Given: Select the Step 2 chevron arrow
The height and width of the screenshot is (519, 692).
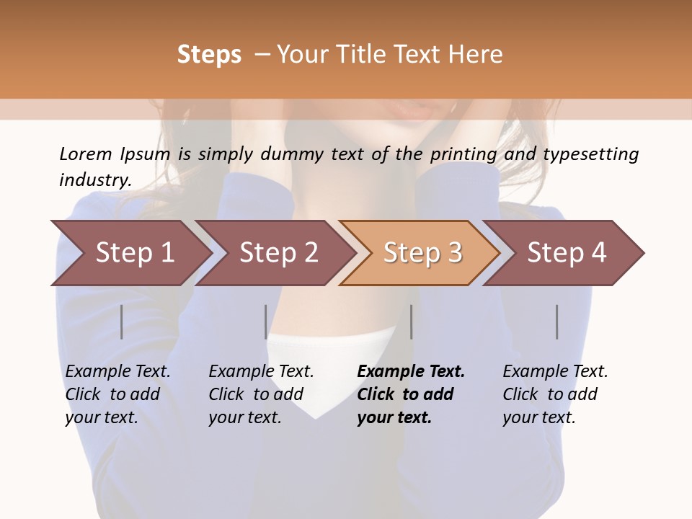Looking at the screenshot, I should pos(278,252).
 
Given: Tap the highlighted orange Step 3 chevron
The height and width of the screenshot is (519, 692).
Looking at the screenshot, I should pos(422,252).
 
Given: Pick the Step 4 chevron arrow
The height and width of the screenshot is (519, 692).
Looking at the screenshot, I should pos(567,252).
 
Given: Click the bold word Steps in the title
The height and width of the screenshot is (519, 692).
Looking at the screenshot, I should pos(209,55).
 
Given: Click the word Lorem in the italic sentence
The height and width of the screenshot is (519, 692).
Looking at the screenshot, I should pos(86,154).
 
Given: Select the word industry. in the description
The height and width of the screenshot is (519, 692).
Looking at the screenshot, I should pos(95,179).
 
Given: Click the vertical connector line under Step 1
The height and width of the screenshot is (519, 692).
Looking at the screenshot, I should pos(122,321).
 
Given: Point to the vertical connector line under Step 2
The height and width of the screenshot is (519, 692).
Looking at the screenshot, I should pos(266,321).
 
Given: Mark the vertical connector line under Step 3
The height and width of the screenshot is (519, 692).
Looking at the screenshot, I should pos(411,321).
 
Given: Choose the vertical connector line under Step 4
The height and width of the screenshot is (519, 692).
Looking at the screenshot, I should pos(556,321).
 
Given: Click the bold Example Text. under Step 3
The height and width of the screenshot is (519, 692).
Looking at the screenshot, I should pos(411,371).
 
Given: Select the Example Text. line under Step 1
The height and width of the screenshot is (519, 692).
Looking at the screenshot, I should pos(118,371).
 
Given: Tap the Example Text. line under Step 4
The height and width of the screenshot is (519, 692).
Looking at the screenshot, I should pos(555,371).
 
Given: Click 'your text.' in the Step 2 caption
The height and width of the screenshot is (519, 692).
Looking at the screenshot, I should pos(245,417).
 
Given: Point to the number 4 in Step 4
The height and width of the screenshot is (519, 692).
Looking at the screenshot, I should pos(598,252).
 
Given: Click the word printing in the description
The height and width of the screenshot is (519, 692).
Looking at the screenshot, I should pos(464,154).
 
